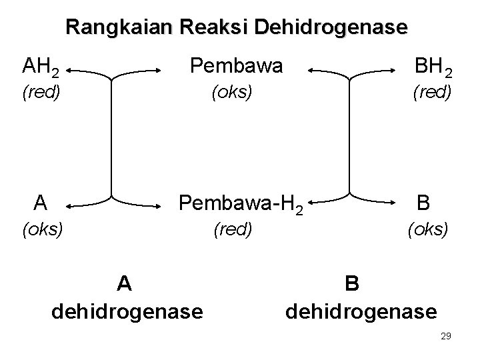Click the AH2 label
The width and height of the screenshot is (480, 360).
click(x=42, y=67)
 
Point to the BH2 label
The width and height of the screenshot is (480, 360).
click(x=433, y=67)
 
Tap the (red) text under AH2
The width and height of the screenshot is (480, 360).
click(x=41, y=92)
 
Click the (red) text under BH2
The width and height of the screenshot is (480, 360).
click(x=433, y=92)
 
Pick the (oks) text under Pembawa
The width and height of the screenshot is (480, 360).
click(x=231, y=92)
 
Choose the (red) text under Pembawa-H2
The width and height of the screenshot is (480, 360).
click(x=232, y=230)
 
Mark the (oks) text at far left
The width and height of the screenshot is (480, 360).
click(x=42, y=230)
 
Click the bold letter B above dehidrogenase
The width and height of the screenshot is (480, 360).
click(x=353, y=283)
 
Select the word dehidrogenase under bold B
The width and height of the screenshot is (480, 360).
click(x=361, y=311)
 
